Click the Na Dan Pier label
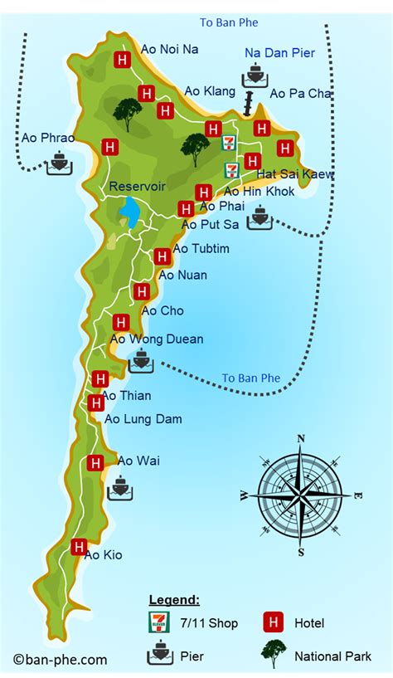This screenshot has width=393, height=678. click(280, 53)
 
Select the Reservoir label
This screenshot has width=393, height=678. click(136, 188)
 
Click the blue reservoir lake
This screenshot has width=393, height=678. click(129, 213)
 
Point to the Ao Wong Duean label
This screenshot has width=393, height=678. click(157, 339)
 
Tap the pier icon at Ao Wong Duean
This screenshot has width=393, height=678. click(141, 360)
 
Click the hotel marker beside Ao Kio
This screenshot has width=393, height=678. click(79, 546)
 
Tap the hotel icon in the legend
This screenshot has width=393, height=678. click(271, 622)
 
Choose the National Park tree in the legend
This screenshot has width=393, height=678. click(273, 654)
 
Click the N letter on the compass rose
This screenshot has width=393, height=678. click(301, 439)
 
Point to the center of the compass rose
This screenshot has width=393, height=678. click(301, 495)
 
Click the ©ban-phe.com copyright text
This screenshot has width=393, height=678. click(60, 660)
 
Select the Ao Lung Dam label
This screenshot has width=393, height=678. click(143, 419)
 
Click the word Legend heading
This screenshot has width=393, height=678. click(173, 600)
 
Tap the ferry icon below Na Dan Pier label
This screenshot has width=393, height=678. click(255, 76)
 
